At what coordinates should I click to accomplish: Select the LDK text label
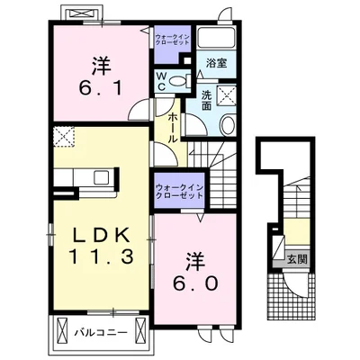pos(101,234)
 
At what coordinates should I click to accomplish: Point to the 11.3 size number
pos(101,256)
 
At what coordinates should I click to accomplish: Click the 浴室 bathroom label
pos(216,64)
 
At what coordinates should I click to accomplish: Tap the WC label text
pos(162,82)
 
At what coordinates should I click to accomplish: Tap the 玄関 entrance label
pos(296,260)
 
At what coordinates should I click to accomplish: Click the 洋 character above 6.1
pos(98,65)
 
